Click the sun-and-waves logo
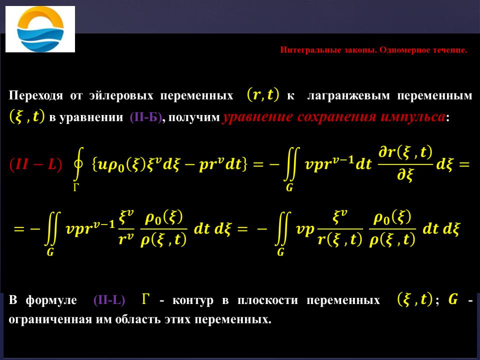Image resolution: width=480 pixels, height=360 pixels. [x=40, y=29]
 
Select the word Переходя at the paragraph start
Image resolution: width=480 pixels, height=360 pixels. [x=36, y=96]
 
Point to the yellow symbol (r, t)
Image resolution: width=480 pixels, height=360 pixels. [x=263, y=95]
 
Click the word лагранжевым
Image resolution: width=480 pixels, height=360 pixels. [x=348, y=96]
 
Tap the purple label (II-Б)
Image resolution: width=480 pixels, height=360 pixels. [x=145, y=117]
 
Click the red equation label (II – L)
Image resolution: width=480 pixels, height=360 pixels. [x=35, y=164]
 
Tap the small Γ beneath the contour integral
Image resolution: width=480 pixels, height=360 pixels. [x=76, y=187]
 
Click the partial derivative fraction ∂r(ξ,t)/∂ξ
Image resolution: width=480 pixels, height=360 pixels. [x=405, y=164]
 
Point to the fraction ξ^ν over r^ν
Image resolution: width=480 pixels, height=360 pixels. [x=126, y=228]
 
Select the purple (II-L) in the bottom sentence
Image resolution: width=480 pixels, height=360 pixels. [x=109, y=300]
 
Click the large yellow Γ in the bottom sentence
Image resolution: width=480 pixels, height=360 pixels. [x=146, y=299]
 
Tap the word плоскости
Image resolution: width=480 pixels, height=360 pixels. [x=267, y=300]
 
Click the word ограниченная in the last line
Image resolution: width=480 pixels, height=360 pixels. [x=50, y=319]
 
